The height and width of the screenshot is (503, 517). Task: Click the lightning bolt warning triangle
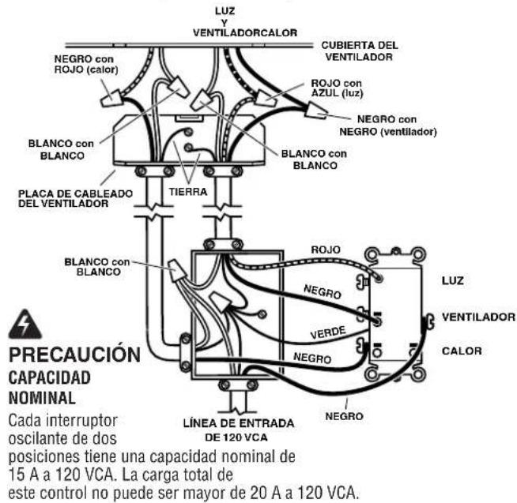pos(25,324)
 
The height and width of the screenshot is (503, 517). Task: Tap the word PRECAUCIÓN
pos(74,355)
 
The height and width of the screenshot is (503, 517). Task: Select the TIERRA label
pos(188,192)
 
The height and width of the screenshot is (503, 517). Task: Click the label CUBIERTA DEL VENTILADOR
pos(360,51)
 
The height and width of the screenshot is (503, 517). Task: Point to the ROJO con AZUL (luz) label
pos(337,88)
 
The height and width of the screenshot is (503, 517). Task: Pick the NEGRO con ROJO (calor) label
pos(86,64)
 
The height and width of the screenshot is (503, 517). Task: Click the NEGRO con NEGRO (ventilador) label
pos(388,126)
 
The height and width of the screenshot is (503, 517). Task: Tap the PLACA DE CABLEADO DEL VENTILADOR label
pos(76,198)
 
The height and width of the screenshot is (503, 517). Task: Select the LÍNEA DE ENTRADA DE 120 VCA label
pos(239,430)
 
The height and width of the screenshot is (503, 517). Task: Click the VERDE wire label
pos(328,332)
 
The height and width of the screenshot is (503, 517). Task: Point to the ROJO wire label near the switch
pos(326,250)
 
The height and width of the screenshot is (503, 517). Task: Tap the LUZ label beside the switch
pos(453,280)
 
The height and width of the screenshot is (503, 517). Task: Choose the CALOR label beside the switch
pos(462,351)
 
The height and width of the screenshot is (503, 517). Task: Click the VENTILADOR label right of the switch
pos(478,317)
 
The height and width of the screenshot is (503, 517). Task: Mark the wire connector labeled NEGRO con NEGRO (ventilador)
pos(315,111)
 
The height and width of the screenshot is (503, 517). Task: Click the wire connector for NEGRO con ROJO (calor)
pos(112,97)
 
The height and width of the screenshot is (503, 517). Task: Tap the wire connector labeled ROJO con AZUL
pos(265,98)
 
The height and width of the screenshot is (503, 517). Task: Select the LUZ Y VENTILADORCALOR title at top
pos(244,22)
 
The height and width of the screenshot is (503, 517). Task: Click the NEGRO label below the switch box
pos(344,416)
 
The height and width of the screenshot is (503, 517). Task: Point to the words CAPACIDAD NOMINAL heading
pos(50,388)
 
